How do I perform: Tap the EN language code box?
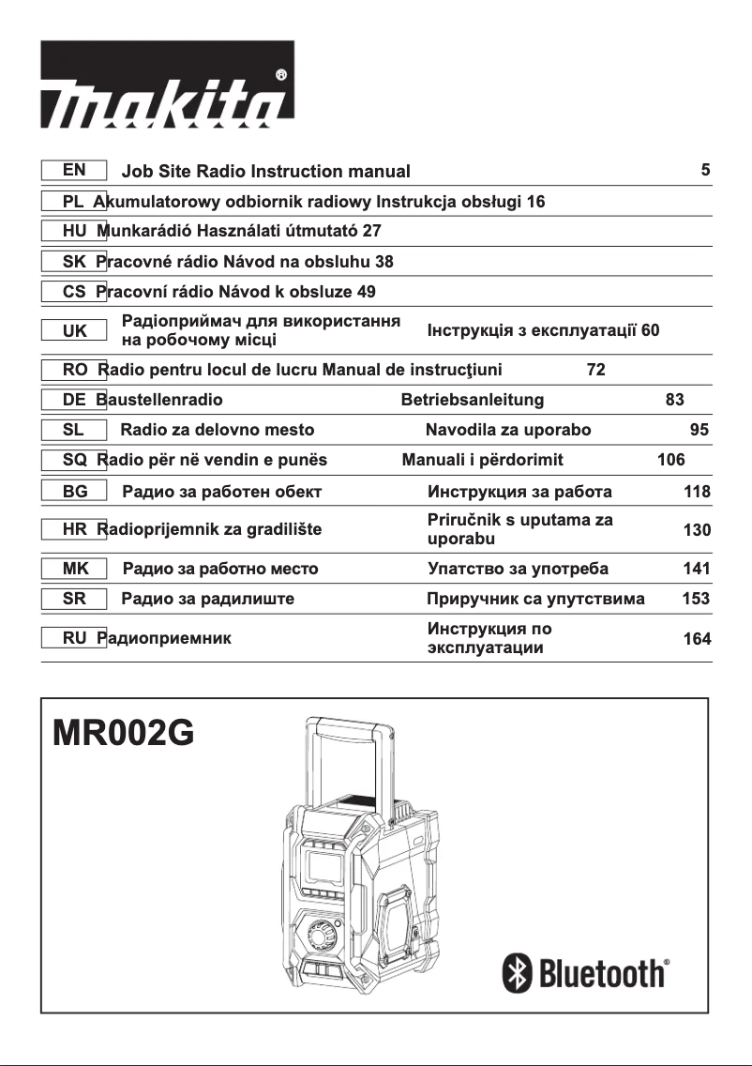click(x=74, y=171)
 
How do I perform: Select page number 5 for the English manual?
click(x=705, y=171)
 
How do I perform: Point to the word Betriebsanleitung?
click(x=473, y=400)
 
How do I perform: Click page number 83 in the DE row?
click(x=674, y=400)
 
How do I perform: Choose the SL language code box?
click(x=74, y=430)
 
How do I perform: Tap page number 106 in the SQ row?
click(x=670, y=460)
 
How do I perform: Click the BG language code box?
click(x=74, y=491)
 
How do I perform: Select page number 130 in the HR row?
click(x=697, y=530)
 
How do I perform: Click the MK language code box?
click(x=74, y=569)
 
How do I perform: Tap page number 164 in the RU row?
click(x=697, y=640)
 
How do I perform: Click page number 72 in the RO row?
click(x=595, y=370)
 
